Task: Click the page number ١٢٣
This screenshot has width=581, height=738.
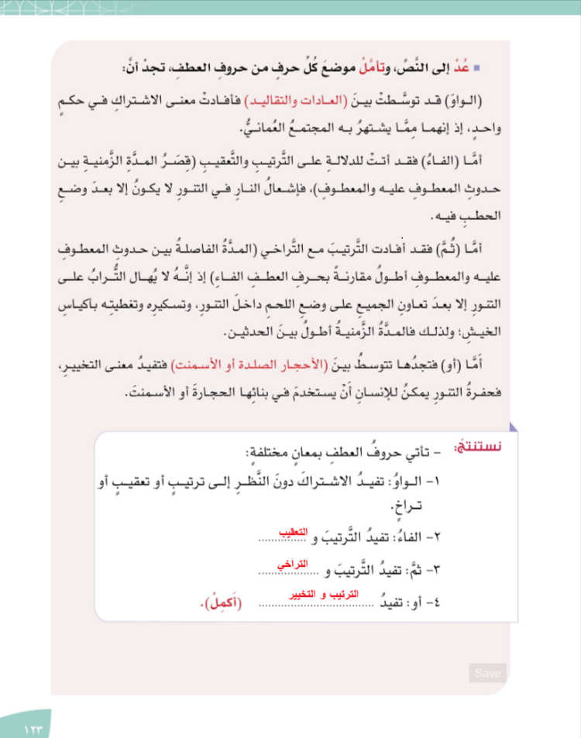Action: click(36, 729)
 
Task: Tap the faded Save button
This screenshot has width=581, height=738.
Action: click(487, 673)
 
